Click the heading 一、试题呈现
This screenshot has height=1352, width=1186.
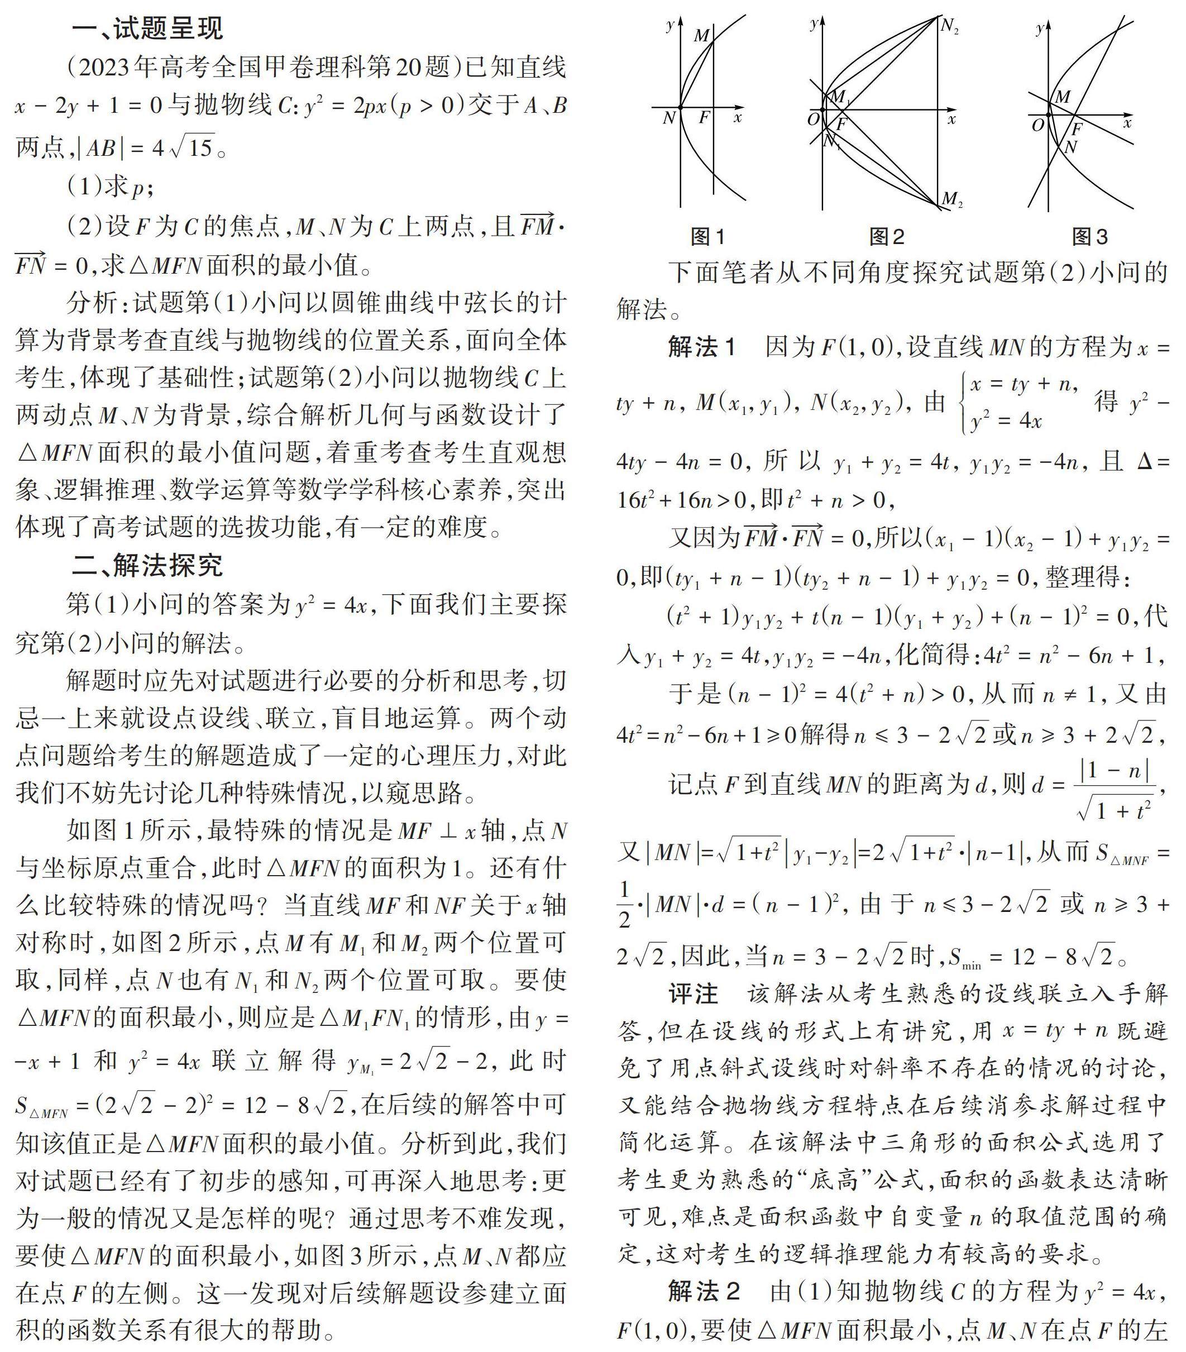tap(147, 28)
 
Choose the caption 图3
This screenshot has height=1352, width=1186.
tap(1090, 236)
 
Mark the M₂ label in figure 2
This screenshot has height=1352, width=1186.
tap(951, 198)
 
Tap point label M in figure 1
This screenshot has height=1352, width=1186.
tap(701, 36)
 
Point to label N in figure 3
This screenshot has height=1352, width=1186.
tap(1070, 147)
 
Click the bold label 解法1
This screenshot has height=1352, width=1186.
tap(702, 347)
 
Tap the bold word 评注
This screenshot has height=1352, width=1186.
tap(692, 993)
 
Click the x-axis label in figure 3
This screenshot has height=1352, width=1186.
tap(1127, 123)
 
